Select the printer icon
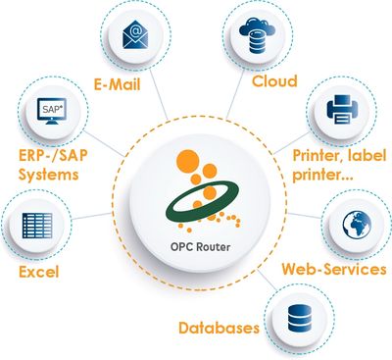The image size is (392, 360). click(337, 110)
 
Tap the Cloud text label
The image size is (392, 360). click(274, 80)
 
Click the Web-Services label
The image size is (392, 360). click(333, 268)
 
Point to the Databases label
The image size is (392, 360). click(219, 326)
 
